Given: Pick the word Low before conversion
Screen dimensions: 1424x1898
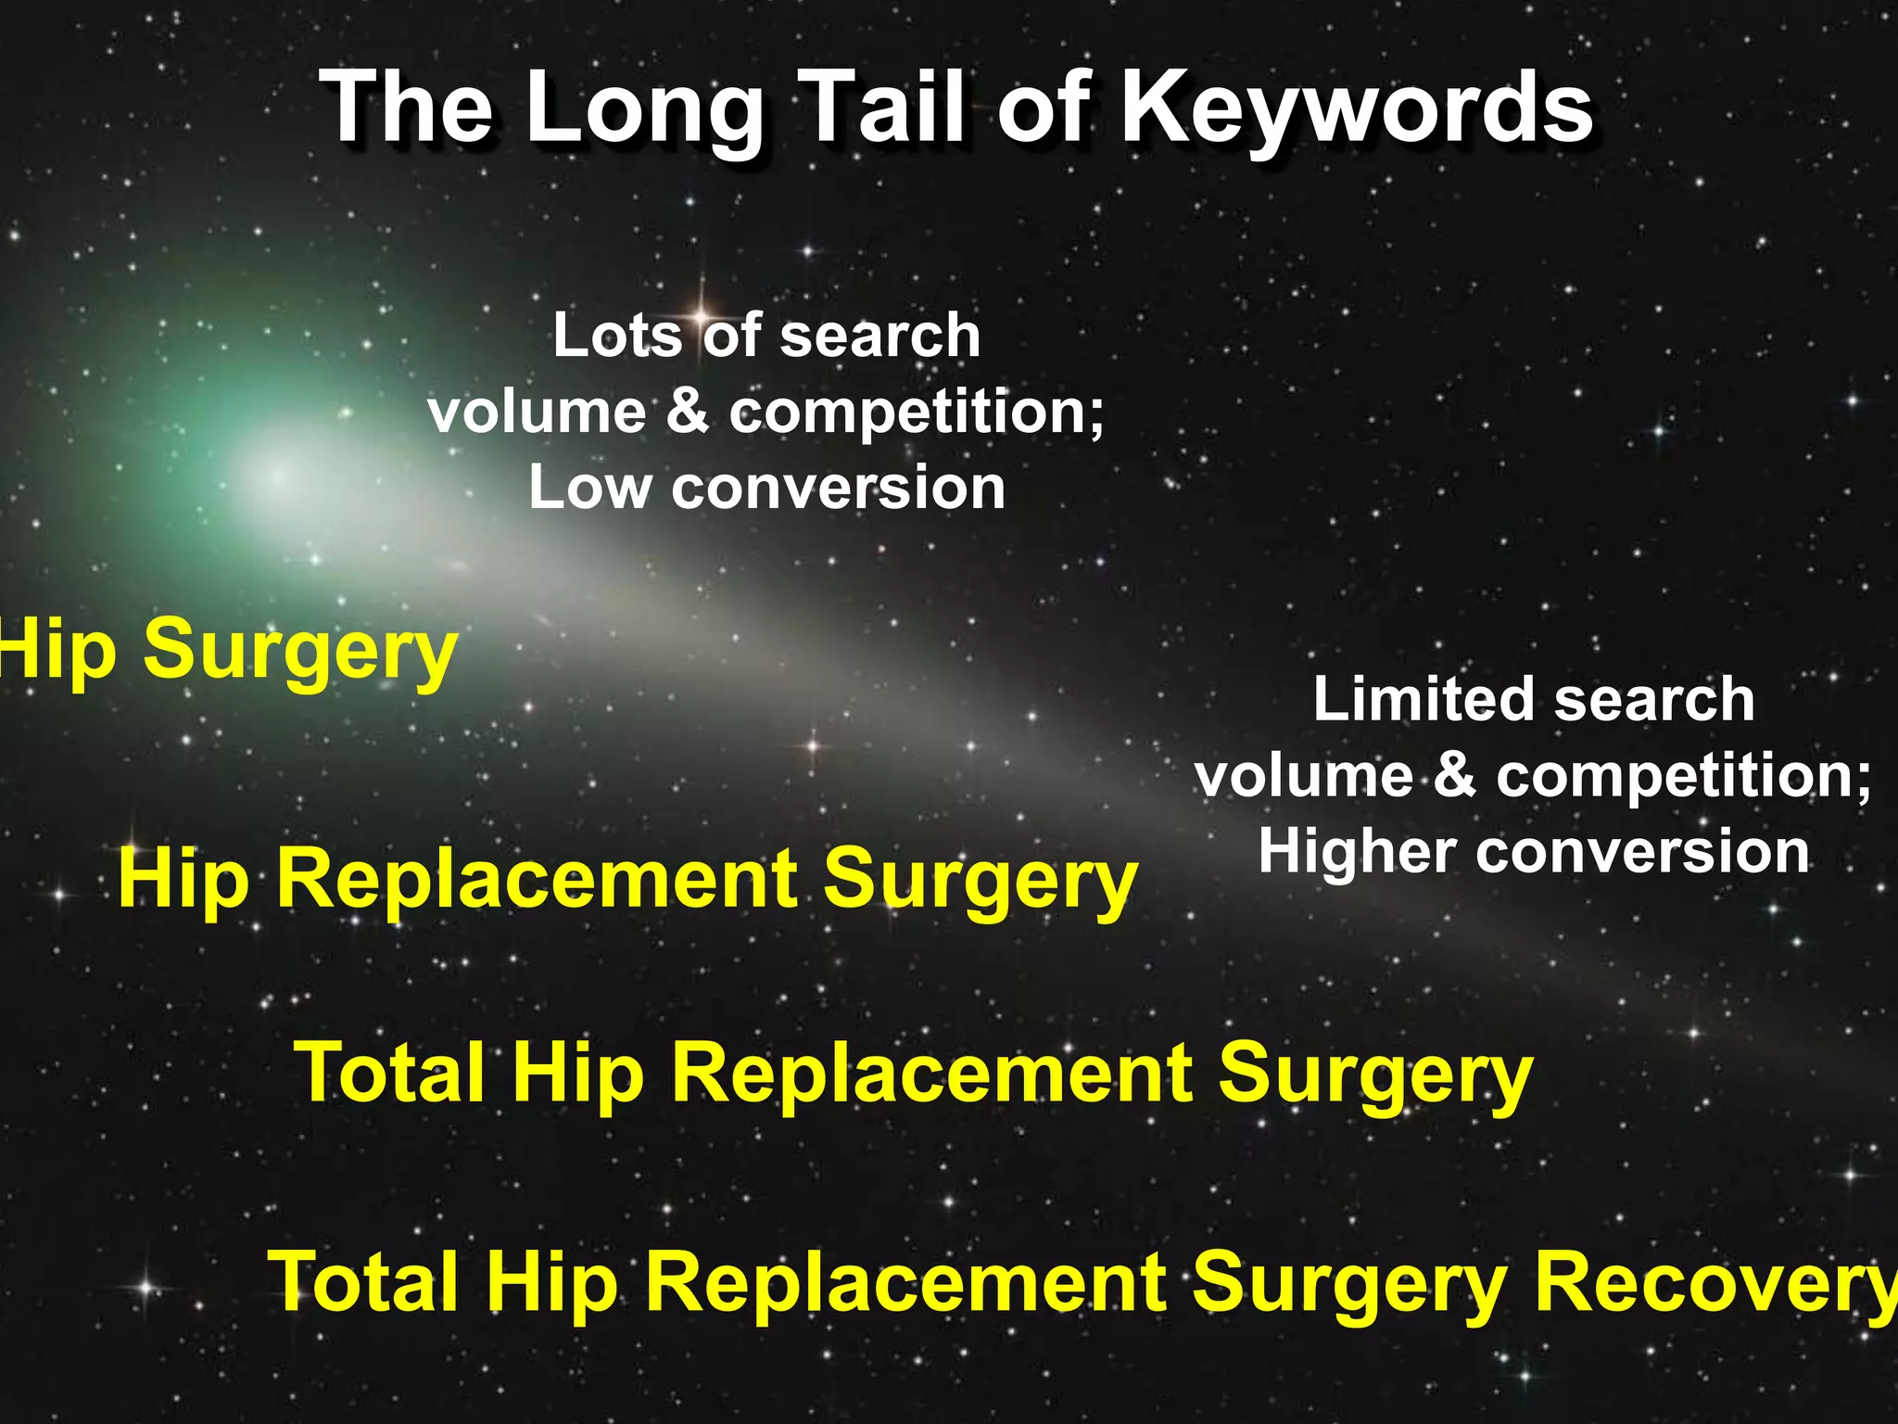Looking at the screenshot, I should [x=589, y=488].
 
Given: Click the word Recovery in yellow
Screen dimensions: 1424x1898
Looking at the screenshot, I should [x=1715, y=1282].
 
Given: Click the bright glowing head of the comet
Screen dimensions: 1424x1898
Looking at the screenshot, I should [x=278, y=476].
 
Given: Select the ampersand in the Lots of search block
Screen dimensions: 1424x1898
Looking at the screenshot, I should [x=687, y=412].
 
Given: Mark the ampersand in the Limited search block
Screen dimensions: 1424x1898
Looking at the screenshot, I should [x=1455, y=775].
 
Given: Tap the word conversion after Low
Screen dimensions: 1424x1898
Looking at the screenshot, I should [x=838, y=488].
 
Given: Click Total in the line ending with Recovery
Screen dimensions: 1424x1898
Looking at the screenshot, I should [x=364, y=1282].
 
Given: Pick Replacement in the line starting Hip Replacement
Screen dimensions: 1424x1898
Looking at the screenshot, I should [x=537, y=879].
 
